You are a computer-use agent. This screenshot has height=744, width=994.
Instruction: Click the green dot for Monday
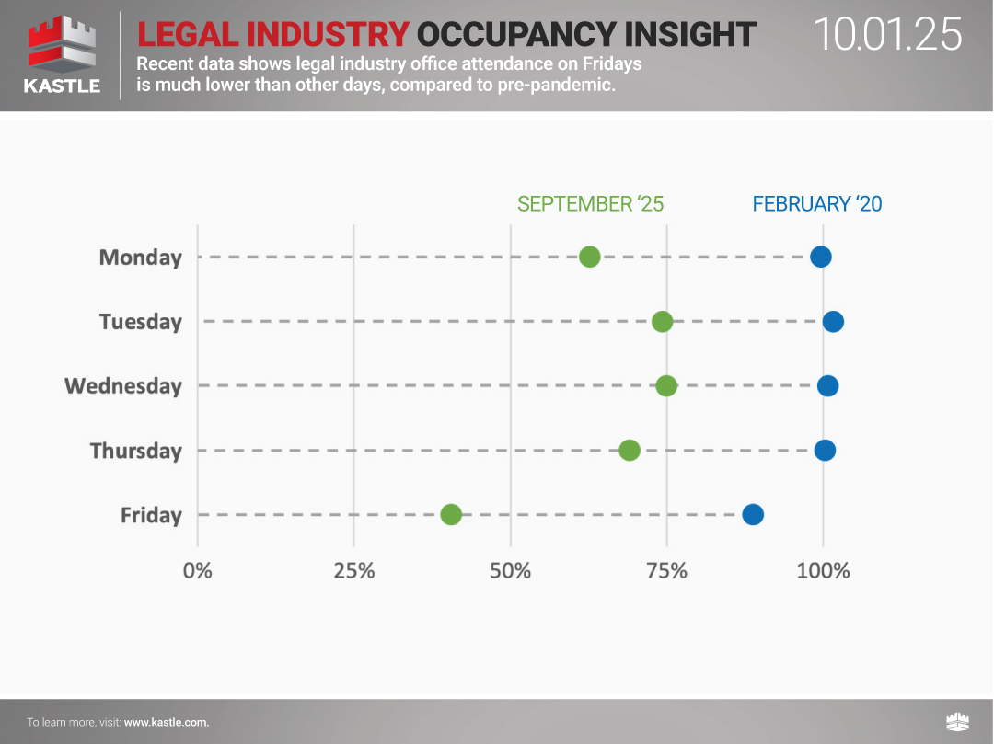point(590,257)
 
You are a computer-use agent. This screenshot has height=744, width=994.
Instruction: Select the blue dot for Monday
point(821,257)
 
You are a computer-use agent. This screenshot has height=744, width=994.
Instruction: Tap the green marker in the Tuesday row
point(662,321)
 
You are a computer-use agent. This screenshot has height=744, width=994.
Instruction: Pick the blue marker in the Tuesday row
point(833,321)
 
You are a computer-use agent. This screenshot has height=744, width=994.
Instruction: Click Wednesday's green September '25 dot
point(666,385)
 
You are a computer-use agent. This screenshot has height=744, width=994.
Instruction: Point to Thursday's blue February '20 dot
point(825,450)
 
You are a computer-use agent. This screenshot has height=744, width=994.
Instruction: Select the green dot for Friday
point(451,514)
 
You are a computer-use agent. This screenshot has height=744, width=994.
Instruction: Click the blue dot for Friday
point(753,514)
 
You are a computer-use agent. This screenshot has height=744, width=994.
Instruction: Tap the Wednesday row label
point(123,386)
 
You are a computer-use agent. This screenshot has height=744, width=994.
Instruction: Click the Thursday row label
point(136,451)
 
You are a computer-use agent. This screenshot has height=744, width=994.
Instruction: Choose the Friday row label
point(151,515)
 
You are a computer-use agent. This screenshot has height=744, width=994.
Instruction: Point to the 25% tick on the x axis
point(354,571)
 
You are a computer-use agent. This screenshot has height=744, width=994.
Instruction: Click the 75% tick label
point(666,571)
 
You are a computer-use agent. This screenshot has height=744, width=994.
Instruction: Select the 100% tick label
point(823,571)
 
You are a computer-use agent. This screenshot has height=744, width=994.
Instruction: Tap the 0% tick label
point(198,571)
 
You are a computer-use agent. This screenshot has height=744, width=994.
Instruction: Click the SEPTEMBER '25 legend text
point(590,204)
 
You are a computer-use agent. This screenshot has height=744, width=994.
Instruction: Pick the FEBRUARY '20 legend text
point(817,204)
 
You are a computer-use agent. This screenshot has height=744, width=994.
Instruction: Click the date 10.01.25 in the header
point(888,35)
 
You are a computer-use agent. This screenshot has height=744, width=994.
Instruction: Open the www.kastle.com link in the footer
point(167,722)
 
